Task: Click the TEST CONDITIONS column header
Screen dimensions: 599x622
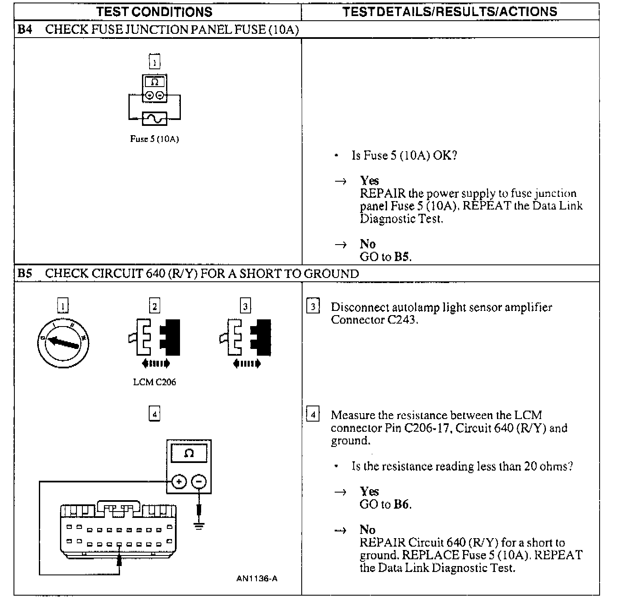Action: [154, 11]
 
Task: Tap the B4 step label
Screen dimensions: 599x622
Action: [25, 30]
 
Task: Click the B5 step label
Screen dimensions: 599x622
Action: [25, 274]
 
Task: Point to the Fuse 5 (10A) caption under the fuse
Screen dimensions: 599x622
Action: [155, 139]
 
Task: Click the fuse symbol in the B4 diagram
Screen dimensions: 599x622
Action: [155, 119]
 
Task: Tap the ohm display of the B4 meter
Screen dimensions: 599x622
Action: [155, 82]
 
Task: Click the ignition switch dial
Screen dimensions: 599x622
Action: [63, 342]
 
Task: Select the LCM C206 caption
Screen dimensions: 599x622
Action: [155, 382]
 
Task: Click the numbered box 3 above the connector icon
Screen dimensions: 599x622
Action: [246, 305]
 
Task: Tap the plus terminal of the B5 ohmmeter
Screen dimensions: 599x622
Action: [179, 482]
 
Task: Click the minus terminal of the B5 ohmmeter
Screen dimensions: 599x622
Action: [199, 482]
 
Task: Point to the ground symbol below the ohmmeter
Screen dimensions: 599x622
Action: [199, 526]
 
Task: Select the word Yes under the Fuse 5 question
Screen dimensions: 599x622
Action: [369, 181]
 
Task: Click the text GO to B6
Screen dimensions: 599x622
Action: [385, 504]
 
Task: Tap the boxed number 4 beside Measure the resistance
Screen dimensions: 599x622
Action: [313, 414]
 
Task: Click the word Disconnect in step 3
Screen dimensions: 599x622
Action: [360, 307]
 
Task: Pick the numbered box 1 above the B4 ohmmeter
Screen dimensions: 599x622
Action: [155, 62]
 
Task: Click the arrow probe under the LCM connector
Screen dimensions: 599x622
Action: [120, 560]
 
